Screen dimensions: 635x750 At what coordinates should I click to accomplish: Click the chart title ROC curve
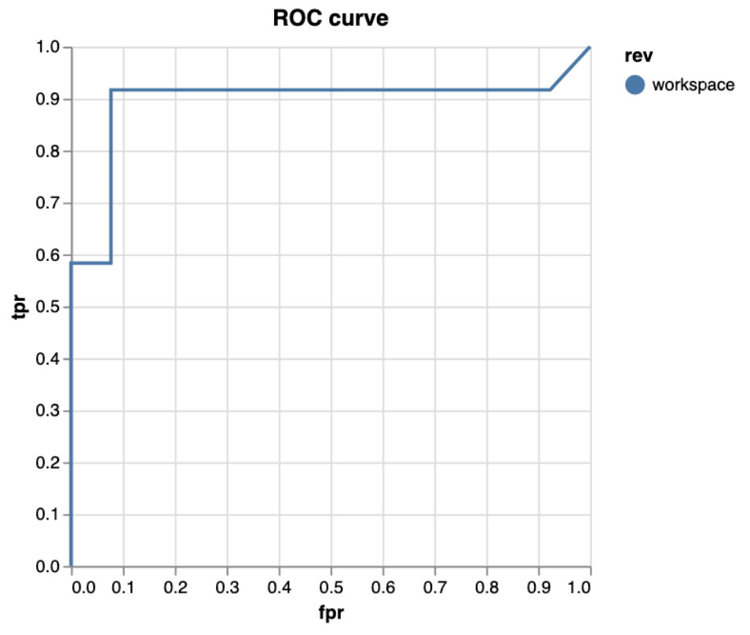[x=331, y=19]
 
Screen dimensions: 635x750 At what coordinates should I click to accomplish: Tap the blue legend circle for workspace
[x=635, y=84]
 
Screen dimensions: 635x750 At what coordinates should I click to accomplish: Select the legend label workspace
[x=693, y=85]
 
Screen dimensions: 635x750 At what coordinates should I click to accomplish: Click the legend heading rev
[x=635, y=56]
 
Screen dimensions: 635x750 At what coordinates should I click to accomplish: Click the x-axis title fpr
[x=331, y=613]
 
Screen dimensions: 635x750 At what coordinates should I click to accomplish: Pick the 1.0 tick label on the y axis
[x=48, y=47]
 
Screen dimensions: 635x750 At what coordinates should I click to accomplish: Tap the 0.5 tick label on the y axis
[x=48, y=307]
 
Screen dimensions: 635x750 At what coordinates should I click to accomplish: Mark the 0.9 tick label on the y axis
[x=48, y=100]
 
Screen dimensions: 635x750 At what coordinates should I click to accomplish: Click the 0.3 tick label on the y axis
[x=48, y=411]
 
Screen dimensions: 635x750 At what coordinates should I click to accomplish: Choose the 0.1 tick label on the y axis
[x=48, y=515]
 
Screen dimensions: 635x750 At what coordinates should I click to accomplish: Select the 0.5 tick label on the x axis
[x=331, y=586]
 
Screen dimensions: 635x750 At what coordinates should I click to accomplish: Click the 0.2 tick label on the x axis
[x=175, y=586]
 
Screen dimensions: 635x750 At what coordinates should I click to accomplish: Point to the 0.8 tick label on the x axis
[x=486, y=586]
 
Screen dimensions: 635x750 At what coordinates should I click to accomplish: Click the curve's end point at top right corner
[x=590, y=47]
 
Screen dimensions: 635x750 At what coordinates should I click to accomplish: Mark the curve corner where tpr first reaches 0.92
[x=111, y=90]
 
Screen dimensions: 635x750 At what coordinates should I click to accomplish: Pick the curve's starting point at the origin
[x=71, y=566]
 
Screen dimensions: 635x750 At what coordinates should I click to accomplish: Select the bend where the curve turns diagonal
[x=550, y=90]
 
